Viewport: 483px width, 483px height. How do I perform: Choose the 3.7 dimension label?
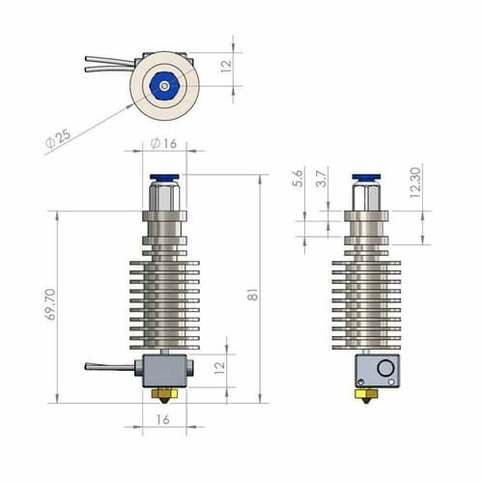[323, 179]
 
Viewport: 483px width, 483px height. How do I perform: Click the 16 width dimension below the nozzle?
[162, 419]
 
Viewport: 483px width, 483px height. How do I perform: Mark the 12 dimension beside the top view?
[223, 65]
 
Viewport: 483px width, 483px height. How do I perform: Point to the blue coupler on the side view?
[365, 177]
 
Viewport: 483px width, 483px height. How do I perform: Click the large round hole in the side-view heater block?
[384, 367]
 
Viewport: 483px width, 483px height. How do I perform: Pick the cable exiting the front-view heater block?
[111, 366]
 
